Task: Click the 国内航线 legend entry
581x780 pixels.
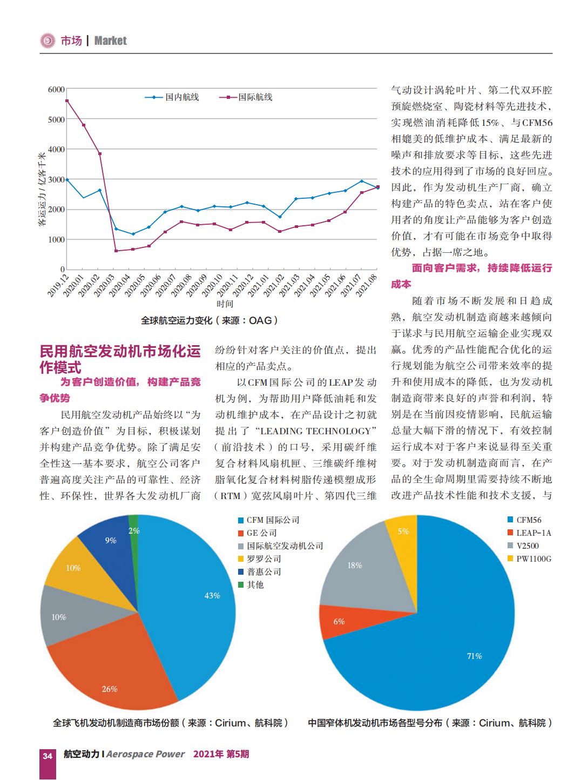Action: point(172,97)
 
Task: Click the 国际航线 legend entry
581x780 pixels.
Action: point(246,97)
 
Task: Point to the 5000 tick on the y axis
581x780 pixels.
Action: point(56,119)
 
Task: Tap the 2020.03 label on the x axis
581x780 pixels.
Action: point(105,285)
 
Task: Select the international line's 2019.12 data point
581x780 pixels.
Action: point(67,101)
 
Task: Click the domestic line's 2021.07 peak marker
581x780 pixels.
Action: point(362,181)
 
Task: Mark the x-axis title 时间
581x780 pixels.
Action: point(225,304)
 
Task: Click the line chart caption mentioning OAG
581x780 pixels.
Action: point(210,320)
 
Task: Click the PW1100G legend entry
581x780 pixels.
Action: point(529,559)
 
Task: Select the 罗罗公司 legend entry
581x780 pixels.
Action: point(260,559)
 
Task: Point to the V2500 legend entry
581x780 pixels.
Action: point(523,546)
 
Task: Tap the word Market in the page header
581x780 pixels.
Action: point(111,41)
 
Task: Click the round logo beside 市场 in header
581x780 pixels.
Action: point(48,41)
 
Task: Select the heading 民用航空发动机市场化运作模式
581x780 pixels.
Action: point(120,359)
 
